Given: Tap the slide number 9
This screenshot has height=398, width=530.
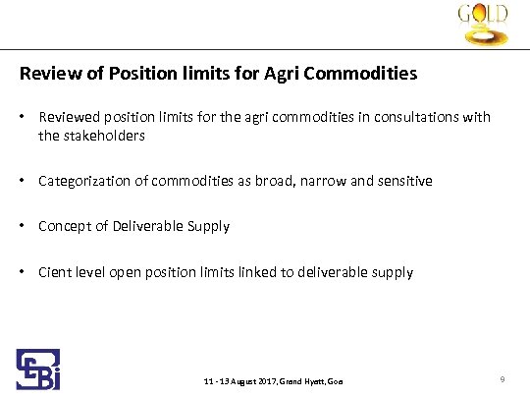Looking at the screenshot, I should (502, 379).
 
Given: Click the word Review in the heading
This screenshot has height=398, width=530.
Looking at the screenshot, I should (45, 74).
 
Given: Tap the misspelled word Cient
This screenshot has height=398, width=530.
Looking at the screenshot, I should (54, 272).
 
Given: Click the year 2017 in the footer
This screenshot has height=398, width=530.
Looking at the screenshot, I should (262, 381).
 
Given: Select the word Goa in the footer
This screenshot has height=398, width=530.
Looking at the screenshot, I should (335, 381).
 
